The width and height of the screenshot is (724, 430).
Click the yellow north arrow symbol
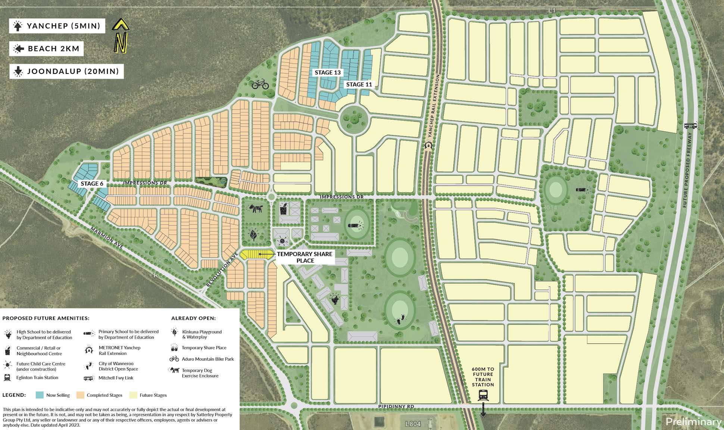(x=121, y=36)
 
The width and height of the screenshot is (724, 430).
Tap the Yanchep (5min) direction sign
(x=57, y=26)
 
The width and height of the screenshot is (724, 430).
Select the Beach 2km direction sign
(x=46, y=49)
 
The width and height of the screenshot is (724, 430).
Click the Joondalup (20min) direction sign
(x=66, y=71)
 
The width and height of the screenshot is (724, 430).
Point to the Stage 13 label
(x=327, y=72)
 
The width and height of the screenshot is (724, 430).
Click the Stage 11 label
(x=359, y=84)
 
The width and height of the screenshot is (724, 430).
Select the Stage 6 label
(x=92, y=183)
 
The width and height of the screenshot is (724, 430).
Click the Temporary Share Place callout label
(x=305, y=257)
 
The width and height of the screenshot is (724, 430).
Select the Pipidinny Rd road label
(x=398, y=406)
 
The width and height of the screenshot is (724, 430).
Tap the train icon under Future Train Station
(x=483, y=395)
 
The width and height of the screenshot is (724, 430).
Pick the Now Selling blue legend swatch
(x=40, y=395)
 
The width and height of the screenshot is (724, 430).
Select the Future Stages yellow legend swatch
(x=133, y=395)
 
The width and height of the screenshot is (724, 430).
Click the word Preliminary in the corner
(x=693, y=422)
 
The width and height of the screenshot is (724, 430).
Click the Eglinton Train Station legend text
(x=37, y=378)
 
